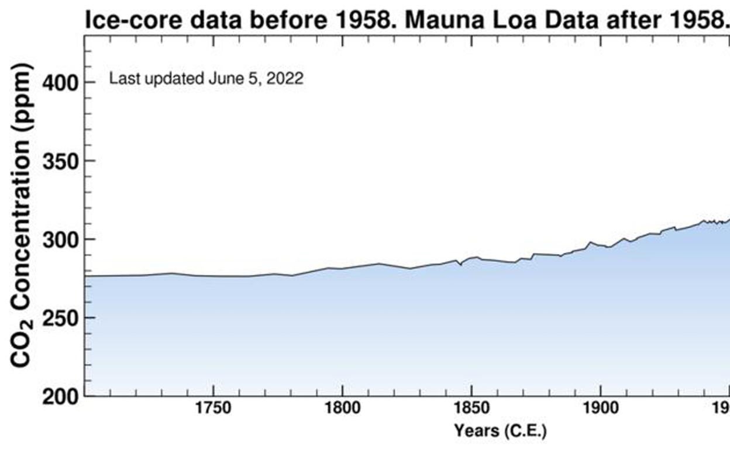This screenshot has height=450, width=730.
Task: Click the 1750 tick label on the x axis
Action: [x=214, y=407]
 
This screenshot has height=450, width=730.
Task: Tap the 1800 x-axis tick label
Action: [x=342, y=407]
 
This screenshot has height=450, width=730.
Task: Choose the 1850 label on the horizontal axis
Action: [x=471, y=407]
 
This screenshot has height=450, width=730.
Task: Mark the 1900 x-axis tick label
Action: [x=601, y=407]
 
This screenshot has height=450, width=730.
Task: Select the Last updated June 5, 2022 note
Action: [x=206, y=79]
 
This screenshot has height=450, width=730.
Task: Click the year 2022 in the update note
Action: [x=285, y=79]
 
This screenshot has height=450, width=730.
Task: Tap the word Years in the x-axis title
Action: [x=475, y=431]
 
